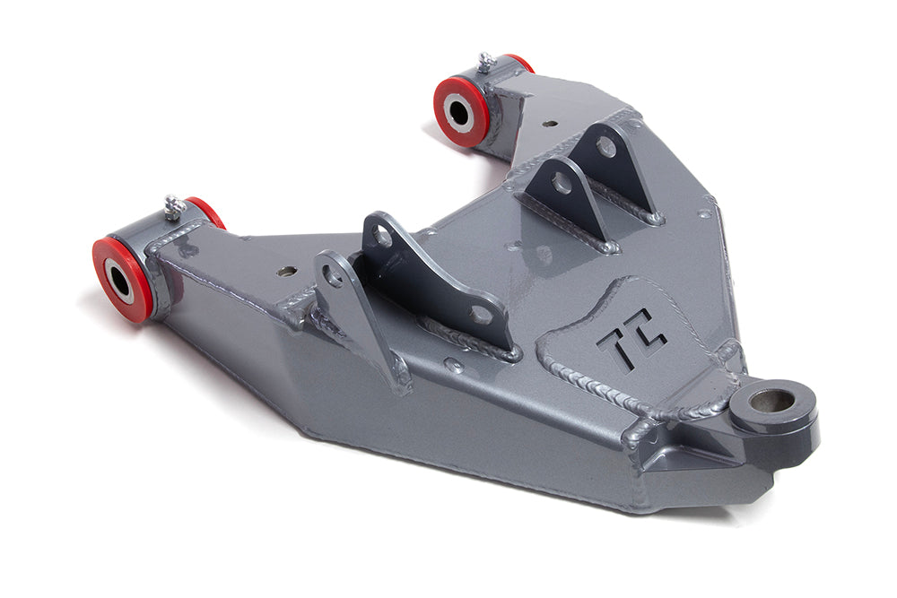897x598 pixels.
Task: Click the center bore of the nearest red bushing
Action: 118,279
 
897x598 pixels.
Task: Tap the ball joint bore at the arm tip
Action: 772,400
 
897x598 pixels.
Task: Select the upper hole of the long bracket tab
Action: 383,237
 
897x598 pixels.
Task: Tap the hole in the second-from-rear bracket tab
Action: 562,184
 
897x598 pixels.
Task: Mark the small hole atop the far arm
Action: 549,124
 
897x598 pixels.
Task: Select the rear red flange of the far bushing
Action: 520,62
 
